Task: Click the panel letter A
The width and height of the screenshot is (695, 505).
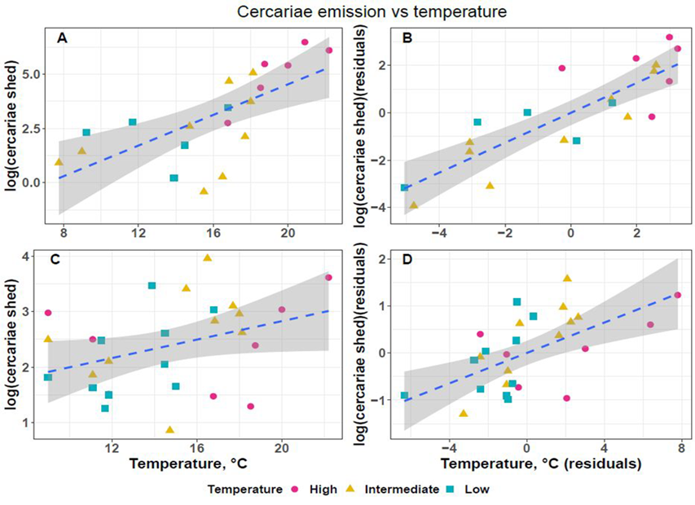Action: coord(62,37)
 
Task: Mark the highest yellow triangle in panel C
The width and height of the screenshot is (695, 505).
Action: coord(207,258)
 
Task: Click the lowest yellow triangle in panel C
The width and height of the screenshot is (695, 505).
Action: coord(169,429)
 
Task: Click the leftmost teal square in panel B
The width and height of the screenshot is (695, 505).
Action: coord(404,188)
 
